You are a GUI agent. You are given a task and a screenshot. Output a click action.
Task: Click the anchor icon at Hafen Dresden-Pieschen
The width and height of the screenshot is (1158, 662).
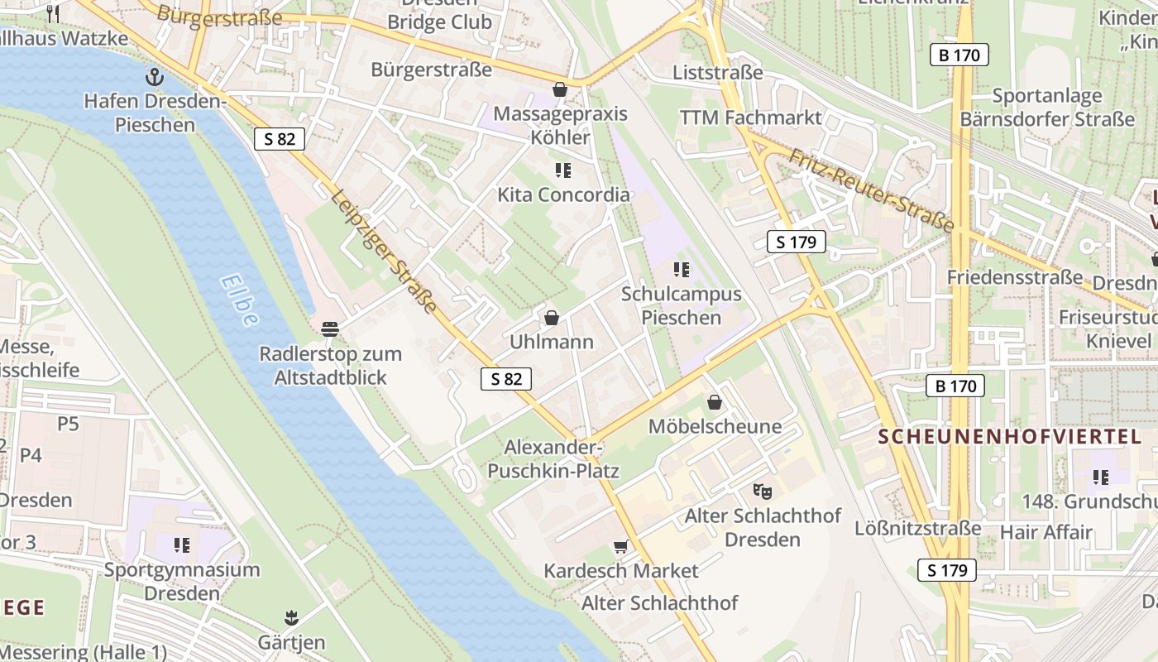click(x=154, y=77)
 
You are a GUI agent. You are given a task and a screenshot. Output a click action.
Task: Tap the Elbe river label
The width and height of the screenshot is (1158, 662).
click(x=240, y=300)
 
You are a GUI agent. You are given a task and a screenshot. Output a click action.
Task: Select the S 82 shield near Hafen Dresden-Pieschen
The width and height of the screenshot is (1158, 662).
click(x=280, y=139)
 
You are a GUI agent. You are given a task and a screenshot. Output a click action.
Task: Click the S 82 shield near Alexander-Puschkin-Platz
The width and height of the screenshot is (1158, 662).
click(x=505, y=379)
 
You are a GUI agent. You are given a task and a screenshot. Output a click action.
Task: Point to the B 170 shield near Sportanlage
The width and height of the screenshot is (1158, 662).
click(x=959, y=55)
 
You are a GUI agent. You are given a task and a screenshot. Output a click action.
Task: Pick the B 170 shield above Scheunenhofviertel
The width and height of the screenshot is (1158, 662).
click(x=955, y=386)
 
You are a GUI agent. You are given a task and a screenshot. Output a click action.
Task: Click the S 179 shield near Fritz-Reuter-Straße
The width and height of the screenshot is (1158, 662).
click(x=796, y=242)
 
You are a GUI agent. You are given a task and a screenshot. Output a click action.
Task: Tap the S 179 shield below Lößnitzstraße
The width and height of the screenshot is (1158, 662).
click(x=946, y=570)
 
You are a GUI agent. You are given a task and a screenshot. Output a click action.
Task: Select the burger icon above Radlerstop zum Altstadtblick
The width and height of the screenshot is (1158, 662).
click(x=329, y=329)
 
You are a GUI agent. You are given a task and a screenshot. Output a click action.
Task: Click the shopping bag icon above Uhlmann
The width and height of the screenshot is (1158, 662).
click(x=551, y=318)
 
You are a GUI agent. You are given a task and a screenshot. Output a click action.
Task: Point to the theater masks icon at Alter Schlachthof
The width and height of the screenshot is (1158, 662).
click(x=763, y=491)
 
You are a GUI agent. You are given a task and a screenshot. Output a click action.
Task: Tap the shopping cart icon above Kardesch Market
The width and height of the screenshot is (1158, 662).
click(x=620, y=546)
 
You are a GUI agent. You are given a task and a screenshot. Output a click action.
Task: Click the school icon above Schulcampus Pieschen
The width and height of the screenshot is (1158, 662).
click(x=681, y=269)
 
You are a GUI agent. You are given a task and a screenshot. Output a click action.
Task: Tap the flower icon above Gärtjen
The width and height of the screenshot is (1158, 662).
click(x=290, y=617)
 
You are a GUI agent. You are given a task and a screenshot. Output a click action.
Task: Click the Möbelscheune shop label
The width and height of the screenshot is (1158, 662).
click(x=715, y=427)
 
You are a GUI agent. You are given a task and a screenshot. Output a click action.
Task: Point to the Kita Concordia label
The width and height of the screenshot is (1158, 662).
click(x=563, y=194)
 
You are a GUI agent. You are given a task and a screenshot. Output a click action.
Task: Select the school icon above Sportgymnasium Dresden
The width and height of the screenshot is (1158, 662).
click(x=181, y=544)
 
